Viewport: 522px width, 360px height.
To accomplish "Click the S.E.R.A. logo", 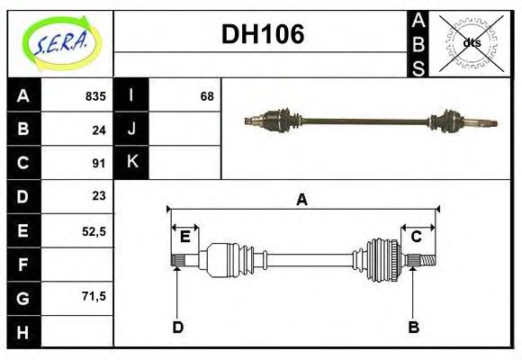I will coord(59,43).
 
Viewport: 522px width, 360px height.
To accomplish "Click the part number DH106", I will coord(262,34).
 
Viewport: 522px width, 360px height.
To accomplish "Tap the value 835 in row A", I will coord(95,95).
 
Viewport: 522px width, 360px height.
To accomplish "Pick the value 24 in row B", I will coord(99,130).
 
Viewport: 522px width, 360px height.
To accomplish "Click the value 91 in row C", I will coord(99,163).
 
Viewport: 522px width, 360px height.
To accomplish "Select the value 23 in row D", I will coord(99,195).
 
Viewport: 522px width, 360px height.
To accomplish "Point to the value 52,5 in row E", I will coord(94,230).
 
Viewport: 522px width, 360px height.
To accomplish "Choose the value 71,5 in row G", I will coord(94,295).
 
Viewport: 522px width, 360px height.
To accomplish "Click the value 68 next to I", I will coord(206,95).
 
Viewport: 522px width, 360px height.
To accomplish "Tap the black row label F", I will coord(22,264).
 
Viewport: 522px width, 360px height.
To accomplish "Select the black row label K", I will coord(131,162).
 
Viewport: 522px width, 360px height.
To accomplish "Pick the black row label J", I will coord(131,129).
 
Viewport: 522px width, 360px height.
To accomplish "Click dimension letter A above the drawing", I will coord(301,200).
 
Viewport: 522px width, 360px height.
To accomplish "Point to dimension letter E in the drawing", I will coord(184,237).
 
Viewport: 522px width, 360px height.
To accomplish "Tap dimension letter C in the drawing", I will coord(417,237).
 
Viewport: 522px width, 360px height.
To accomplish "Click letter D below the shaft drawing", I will coord(177,327).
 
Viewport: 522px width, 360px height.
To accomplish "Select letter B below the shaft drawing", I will coord(413,327).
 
